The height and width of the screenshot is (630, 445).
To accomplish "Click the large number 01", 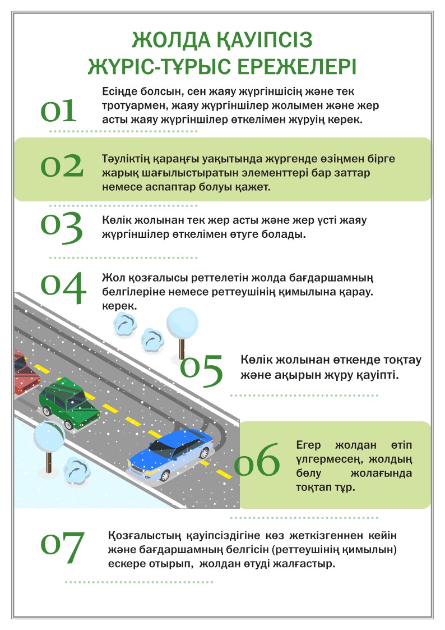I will [x=58, y=111].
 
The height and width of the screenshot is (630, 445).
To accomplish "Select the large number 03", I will [x=62, y=228].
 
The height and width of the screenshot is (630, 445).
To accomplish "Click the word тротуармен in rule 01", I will [x=128, y=105].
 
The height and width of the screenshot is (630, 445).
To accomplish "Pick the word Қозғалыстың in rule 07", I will [x=138, y=536].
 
